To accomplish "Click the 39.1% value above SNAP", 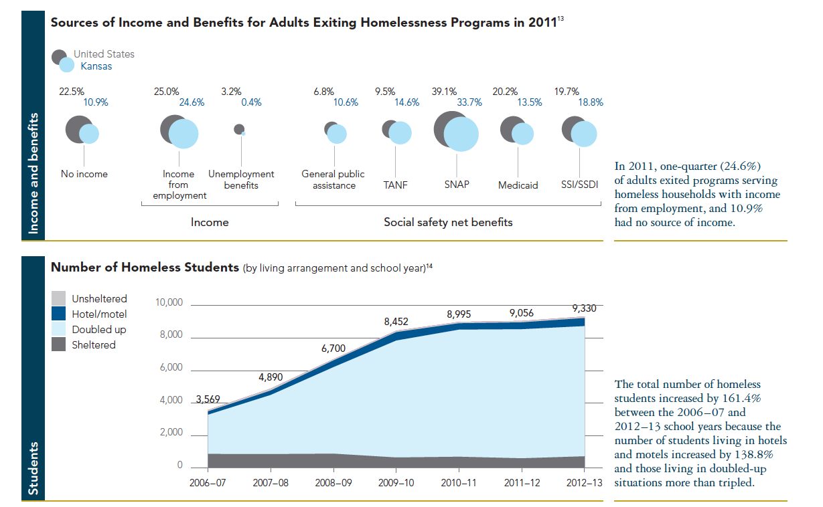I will [x=445, y=92].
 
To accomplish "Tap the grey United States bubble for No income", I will [x=78, y=128].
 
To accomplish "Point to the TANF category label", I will [x=396, y=185].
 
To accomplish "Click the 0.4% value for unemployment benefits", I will [x=251, y=102].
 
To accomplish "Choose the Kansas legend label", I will [x=96, y=66].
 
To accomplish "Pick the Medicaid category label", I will [x=518, y=185].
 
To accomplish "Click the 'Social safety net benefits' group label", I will [x=448, y=222].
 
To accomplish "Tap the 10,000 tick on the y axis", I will [x=169, y=302].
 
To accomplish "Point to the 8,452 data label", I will [x=396, y=322].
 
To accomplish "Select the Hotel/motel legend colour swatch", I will [x=59, y=314].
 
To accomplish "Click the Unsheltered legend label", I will [x=99, y=299].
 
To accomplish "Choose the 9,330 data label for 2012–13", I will [x=584, y=308].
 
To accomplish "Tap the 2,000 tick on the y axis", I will [x=171, y=433].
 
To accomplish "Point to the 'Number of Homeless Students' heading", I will [x=145, y=268].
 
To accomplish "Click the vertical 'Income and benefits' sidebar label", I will [x=33, y=174].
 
